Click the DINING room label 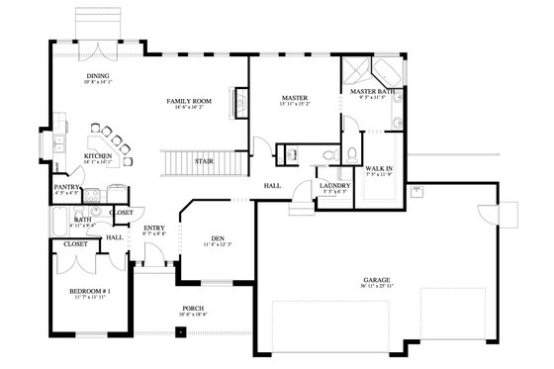pos(97,75)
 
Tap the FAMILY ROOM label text pos(188,101)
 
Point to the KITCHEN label pos(97,155)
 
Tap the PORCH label pos(192,308)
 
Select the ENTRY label pos(154,229)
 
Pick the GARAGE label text pos(375,280)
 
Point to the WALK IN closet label pos(379,169)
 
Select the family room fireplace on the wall pos(238,102)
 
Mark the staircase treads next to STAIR pos(187,162)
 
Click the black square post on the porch pos(180,330)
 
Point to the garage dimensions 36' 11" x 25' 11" pos(375,288)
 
